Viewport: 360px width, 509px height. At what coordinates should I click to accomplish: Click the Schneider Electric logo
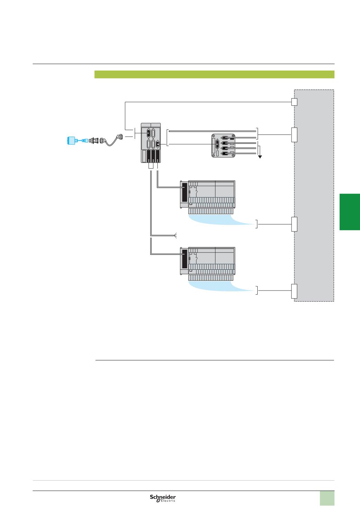pyautogui.click(x=163, y=498)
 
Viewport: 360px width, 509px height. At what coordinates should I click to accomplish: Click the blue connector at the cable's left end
pyautogui.click(x=72, y=140)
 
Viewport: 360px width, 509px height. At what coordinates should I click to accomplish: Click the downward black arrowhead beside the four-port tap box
pyautogui.click(x=260, y=156)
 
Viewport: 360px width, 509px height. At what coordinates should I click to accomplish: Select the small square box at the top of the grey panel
pyautogui.click(x=294, y=102)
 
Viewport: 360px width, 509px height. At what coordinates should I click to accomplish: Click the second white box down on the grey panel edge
pyautogui.click(x=294, y=135)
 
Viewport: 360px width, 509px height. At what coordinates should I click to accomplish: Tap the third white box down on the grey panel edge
pyautogui.click(x=294, y=224)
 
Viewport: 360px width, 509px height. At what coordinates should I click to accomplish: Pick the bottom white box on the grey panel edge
pyautogui.click(x=294, y=291)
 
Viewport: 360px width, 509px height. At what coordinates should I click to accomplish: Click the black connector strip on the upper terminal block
pyautogui.click(x=184, y=192)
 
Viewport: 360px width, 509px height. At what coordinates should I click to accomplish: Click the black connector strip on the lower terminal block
pyautogui.click(x=184, y=259)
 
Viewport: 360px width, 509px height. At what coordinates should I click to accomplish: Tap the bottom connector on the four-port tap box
pyautogui.click(x=225, y=153)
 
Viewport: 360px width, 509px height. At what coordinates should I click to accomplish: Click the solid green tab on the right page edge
pyautogui.click(x=350, y=212)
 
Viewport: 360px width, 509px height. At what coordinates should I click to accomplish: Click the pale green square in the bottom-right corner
pyautogui.click(x=327, y=498)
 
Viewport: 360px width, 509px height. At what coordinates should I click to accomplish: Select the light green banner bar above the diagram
pyautogui.click(x=214, y=74)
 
